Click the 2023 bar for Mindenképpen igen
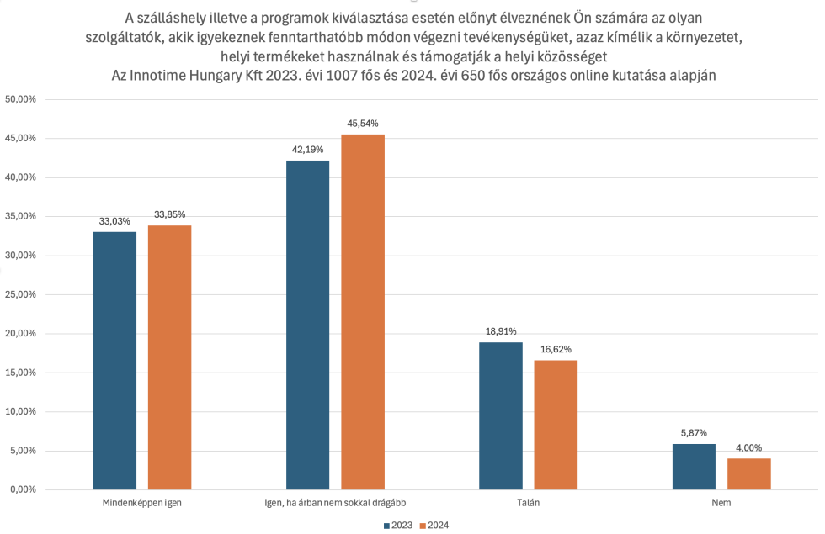(x=114, y=361)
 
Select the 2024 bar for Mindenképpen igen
(x=169, y=357)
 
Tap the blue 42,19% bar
(x=307, y=325)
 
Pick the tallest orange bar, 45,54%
(x=362, y=312)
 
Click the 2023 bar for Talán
(x=500, y=415)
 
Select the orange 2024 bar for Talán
(x=556, y=425)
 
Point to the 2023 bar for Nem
(x=694, y=467)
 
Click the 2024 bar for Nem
(x=748, y=473)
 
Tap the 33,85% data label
(x=169, y=214)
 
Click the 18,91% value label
(x=500, y=331)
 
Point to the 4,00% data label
(x=748, y=447)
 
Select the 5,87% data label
(x=694, y=433)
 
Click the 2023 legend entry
(x=398, y=526)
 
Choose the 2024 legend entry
(x=433, y=526)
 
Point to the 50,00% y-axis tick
(x=21, y=99)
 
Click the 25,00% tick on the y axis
(x=21, y=294)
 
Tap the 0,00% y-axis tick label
(x=23, y=489)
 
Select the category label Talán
(x=528, y=503)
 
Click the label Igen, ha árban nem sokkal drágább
(x=335, y=503)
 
